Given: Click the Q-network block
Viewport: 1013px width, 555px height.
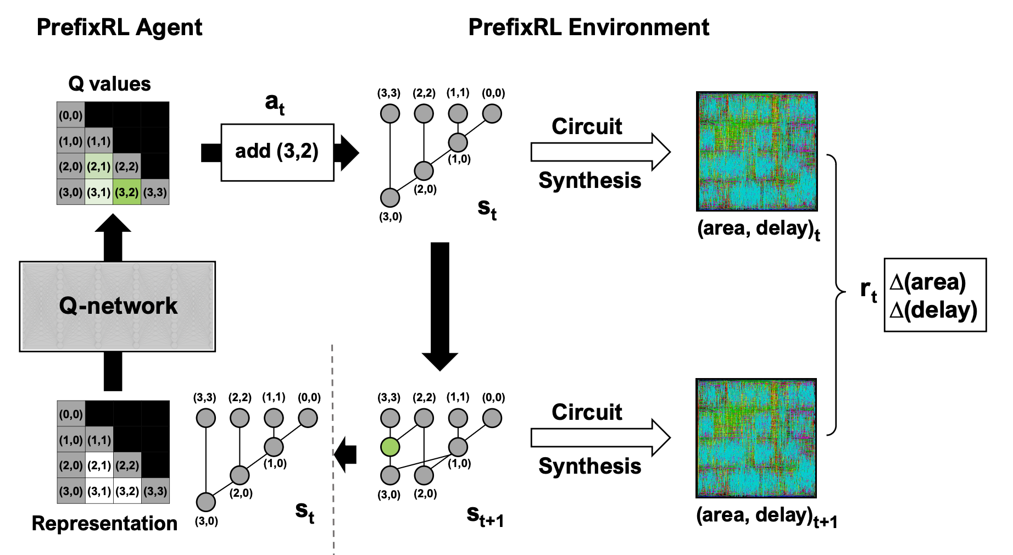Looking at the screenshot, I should [118, 306].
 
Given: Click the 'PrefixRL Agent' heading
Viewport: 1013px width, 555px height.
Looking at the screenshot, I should [119, 27].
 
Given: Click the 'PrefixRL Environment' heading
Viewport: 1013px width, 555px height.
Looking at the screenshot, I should [588, 27].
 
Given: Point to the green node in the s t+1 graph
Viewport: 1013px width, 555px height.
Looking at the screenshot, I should [390, 447].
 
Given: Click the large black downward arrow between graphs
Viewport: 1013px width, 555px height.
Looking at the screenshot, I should [440, 306].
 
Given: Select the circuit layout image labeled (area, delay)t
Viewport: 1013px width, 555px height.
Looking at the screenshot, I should [756, 151].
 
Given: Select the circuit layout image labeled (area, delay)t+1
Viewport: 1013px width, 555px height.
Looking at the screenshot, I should [756, 438].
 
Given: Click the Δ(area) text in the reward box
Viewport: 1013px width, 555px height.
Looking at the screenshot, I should [927, 282].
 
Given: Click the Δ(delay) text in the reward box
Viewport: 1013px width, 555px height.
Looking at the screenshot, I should [933, 310].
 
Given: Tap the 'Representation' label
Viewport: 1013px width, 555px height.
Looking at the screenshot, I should [104, 524].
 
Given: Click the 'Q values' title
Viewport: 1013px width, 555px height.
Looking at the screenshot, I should [109, 84].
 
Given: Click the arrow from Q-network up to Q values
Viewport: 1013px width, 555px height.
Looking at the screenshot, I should [113, 237].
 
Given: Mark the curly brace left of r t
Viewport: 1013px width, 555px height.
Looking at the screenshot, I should [837, 294].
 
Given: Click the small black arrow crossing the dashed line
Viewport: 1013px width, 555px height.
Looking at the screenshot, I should [346, 454].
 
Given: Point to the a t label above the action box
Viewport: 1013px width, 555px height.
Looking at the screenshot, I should [275, 103].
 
